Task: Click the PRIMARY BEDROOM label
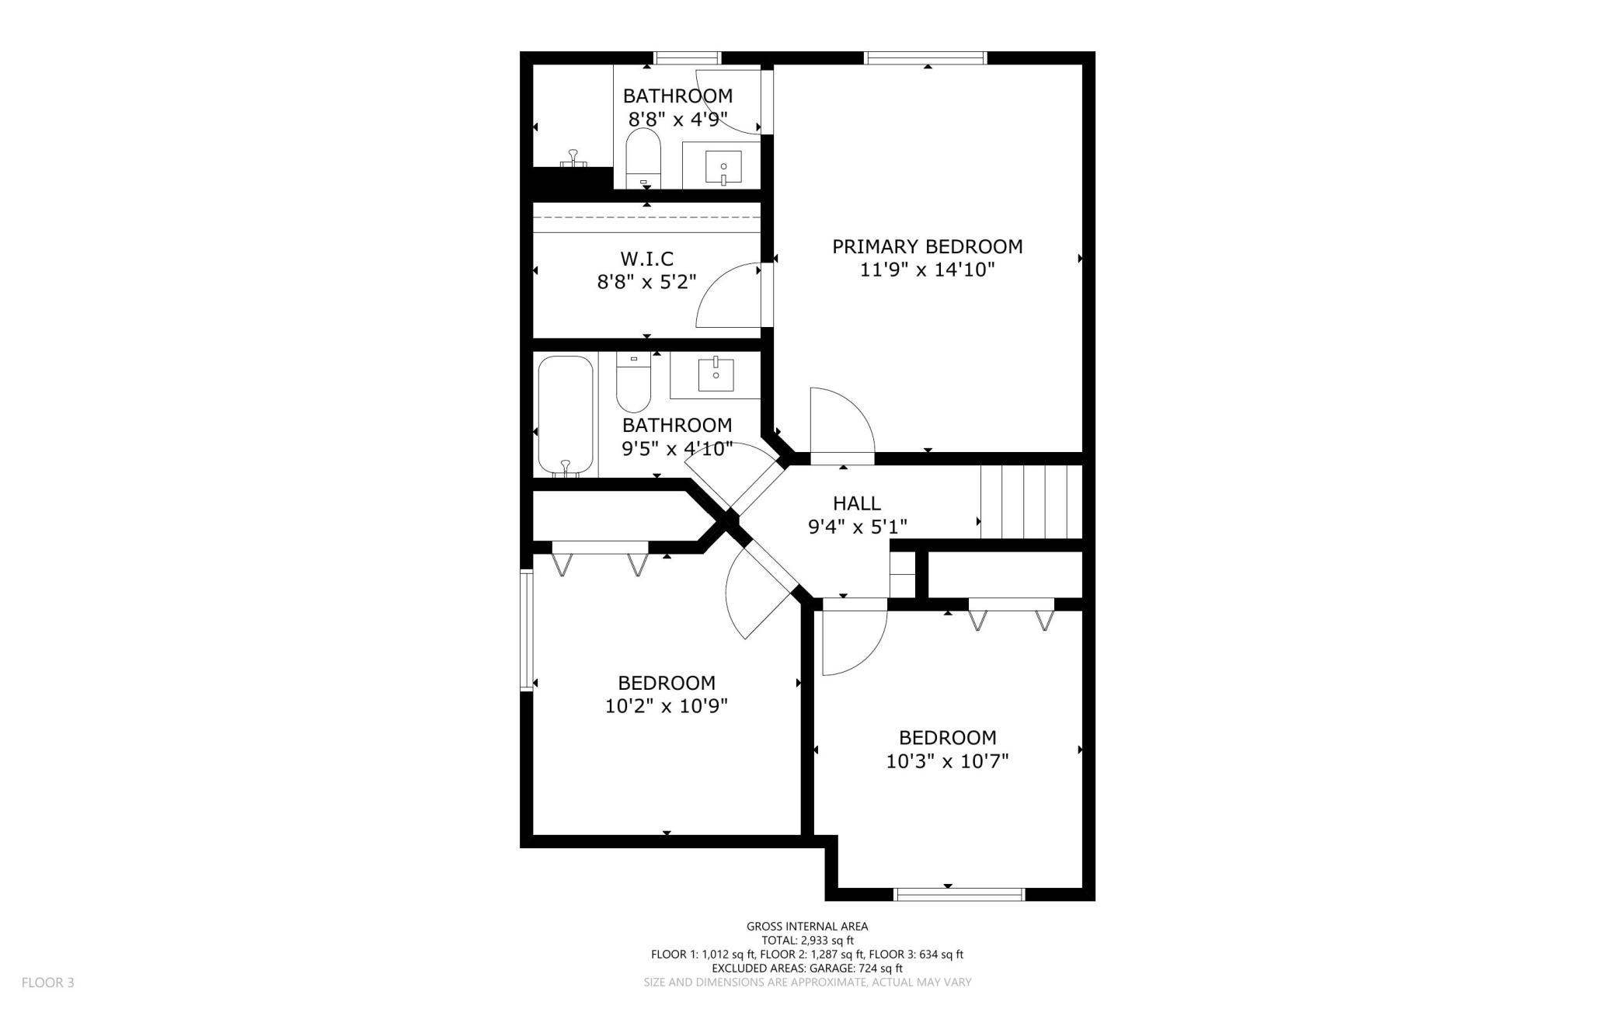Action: pyautogui.click(x=927, y=247)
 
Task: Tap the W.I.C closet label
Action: pyautogui.click(x=646, y=259)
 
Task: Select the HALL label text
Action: pyautogui.click(x=856, y=503)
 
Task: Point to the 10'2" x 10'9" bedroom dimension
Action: pyautogui.click(x=666, y=707)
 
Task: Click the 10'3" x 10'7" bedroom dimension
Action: pyautogui.click(x=947, y=761)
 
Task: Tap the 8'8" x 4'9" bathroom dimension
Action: pyautogui.click(x=677, y=120)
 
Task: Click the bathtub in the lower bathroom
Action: pyautogui.click(x=566, y=416)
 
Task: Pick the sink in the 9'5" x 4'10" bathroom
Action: pyautogui.click(x=715, y=375)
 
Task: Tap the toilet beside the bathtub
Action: pyautogui.click(x=634, y=383)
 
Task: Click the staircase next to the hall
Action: pyautogui.click(x=1031, y=501)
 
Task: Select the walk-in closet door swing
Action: pyautogui.click(x=729, y=296)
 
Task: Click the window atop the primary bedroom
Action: pyautogui.click(x=925, y=57)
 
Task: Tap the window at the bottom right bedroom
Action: pyautogui.click(x=959, y=895)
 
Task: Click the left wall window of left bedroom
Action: pyautogui.click(x=526, y=629)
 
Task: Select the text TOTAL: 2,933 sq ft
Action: pyautogui.click(x=806, y=940)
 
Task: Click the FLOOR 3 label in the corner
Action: pyautogui.click(x=48, y=983)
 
